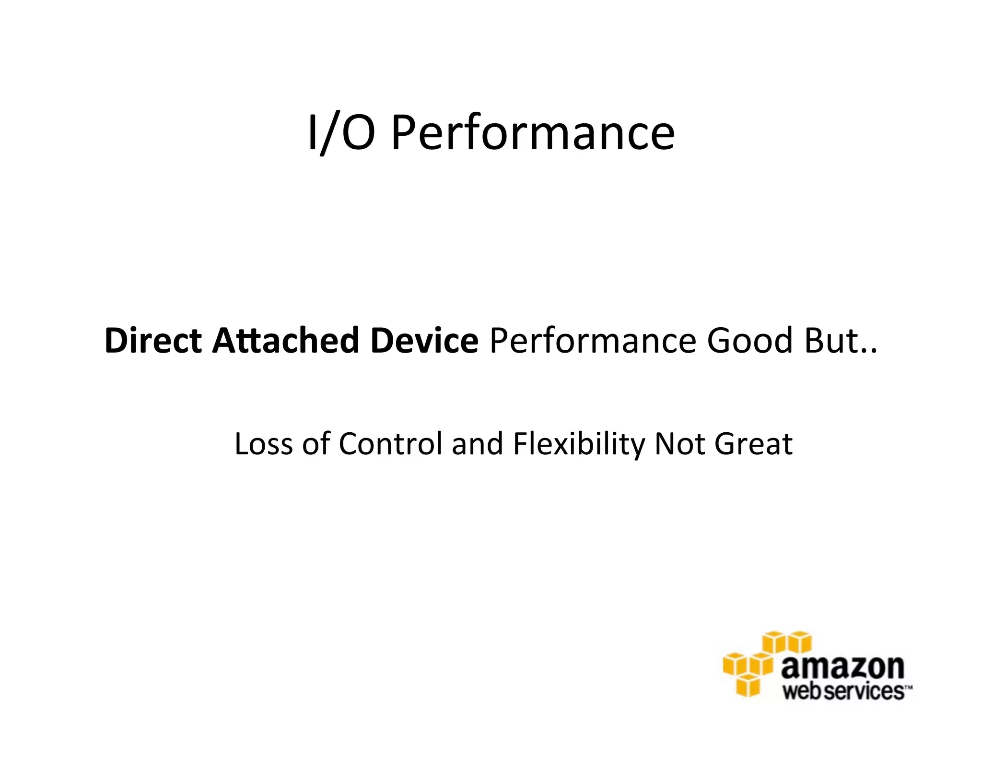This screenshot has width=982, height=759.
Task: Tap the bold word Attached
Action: pos(286,340)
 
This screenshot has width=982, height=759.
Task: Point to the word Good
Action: pos(750,340)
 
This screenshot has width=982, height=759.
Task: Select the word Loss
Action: pos(263,444)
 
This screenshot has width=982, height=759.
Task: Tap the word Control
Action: pos(390,444)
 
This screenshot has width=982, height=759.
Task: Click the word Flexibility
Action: pos(579,444)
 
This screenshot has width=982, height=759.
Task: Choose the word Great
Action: pos(753,444)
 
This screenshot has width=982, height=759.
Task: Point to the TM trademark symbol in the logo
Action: pos(908,687)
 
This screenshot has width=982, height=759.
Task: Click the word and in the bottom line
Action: pos(477,444)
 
